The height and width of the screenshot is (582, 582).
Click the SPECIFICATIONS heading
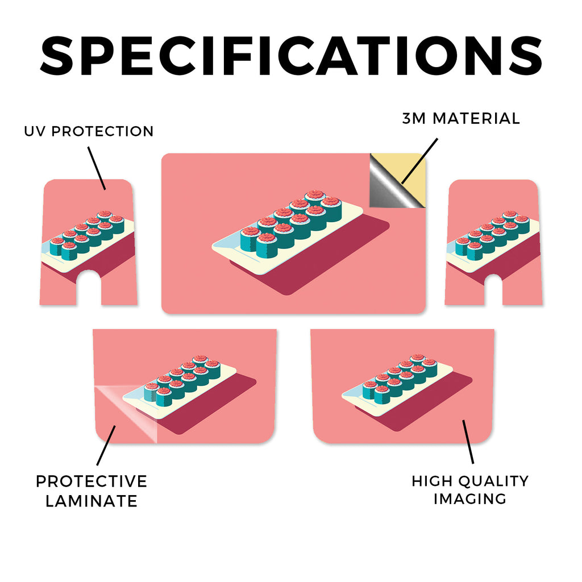coord(291,56)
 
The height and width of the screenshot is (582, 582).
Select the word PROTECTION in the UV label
coord(102,131)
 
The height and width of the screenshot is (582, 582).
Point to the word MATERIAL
coord(477,119)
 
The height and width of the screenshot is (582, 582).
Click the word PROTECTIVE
coord(92,481)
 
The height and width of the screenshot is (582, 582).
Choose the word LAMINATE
coord(92,501)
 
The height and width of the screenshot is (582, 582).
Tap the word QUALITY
coord(494,481)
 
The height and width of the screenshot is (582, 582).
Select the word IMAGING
coord(470,499)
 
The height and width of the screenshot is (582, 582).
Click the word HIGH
coord(432,481)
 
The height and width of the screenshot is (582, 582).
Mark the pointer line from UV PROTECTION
coord(97,168)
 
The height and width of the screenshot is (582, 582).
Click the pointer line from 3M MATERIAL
coord(420,161)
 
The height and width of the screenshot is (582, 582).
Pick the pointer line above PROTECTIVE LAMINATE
coord(106,445)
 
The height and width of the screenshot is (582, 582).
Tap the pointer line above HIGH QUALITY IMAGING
coord(468,442)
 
